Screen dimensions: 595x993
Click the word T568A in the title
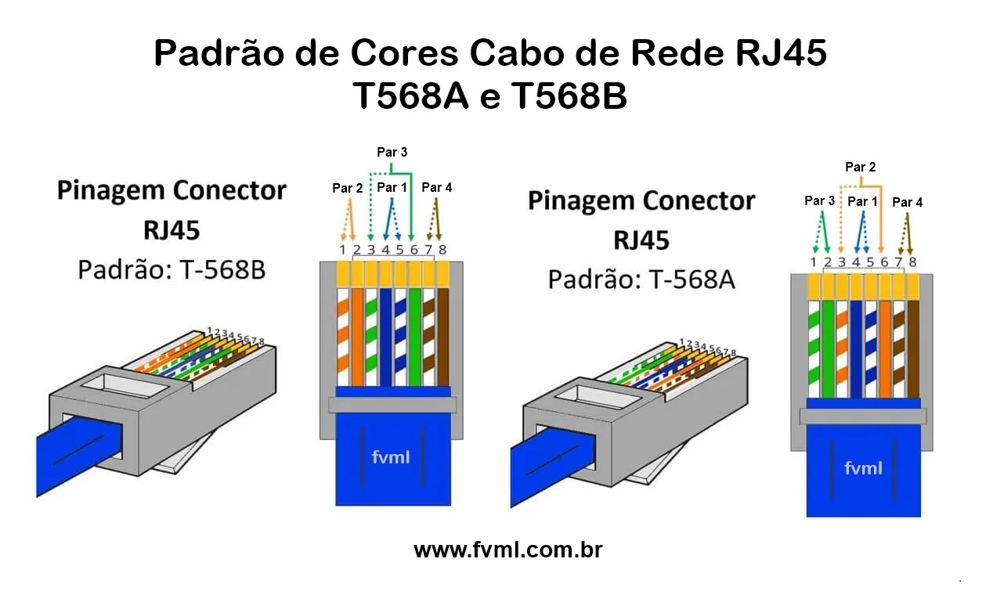(410, 97)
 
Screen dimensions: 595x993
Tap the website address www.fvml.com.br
(507, 550)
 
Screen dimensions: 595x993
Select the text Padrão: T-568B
(172, 269)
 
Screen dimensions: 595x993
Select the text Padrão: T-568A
(641, 279)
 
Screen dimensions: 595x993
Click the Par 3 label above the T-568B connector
(392, 153)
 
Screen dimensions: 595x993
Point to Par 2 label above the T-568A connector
(860, 167)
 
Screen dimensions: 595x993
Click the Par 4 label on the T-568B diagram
(436, 188)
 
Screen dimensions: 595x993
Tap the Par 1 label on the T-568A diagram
(862, 202)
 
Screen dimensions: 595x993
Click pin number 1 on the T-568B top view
(342, 251)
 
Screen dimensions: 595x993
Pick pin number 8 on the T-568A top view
(912, 262)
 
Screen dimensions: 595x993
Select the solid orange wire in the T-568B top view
(357, 337)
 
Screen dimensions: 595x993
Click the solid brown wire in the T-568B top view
(442, 337)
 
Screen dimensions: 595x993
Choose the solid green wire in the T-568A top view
(828, 348)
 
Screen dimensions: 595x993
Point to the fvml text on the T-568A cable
(863, 467)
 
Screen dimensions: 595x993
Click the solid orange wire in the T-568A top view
(884, 348)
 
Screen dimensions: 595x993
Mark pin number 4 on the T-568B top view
(385, 251)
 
